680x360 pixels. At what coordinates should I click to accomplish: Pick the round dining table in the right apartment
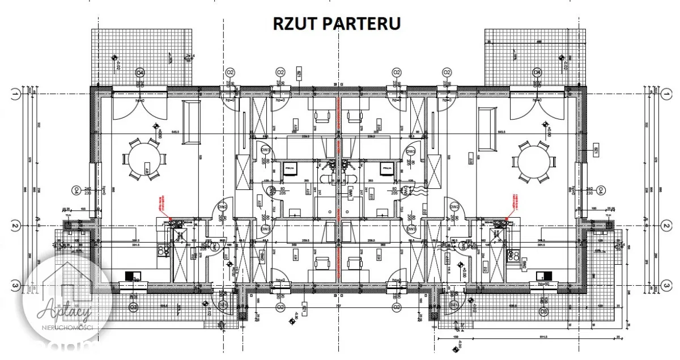pyautogui.click(x=535, y=160)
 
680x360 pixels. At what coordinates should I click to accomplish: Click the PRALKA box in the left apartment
pyautogui.click(x=290, y=169)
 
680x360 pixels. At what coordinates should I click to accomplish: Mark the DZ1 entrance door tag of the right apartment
pyautogui.click(x=453, y=306)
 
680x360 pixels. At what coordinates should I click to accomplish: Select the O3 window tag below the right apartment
pyautogui.click(x=543, y=311)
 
